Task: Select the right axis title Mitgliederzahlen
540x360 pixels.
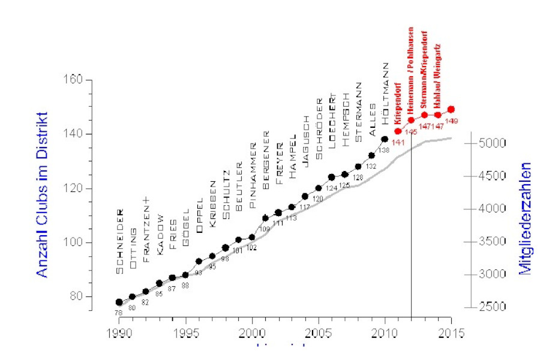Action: [525, 218]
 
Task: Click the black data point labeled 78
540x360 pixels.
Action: [119, 302]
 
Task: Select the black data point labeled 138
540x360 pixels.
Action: [385, 139]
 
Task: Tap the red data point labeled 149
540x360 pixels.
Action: [451, 109]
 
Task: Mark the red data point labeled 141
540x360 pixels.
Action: [398, 131]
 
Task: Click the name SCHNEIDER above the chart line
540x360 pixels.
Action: [120, 241]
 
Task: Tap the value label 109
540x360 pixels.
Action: [265, 229]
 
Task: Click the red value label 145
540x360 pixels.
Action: [411, 131]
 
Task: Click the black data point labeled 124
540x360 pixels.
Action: [332, 178]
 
